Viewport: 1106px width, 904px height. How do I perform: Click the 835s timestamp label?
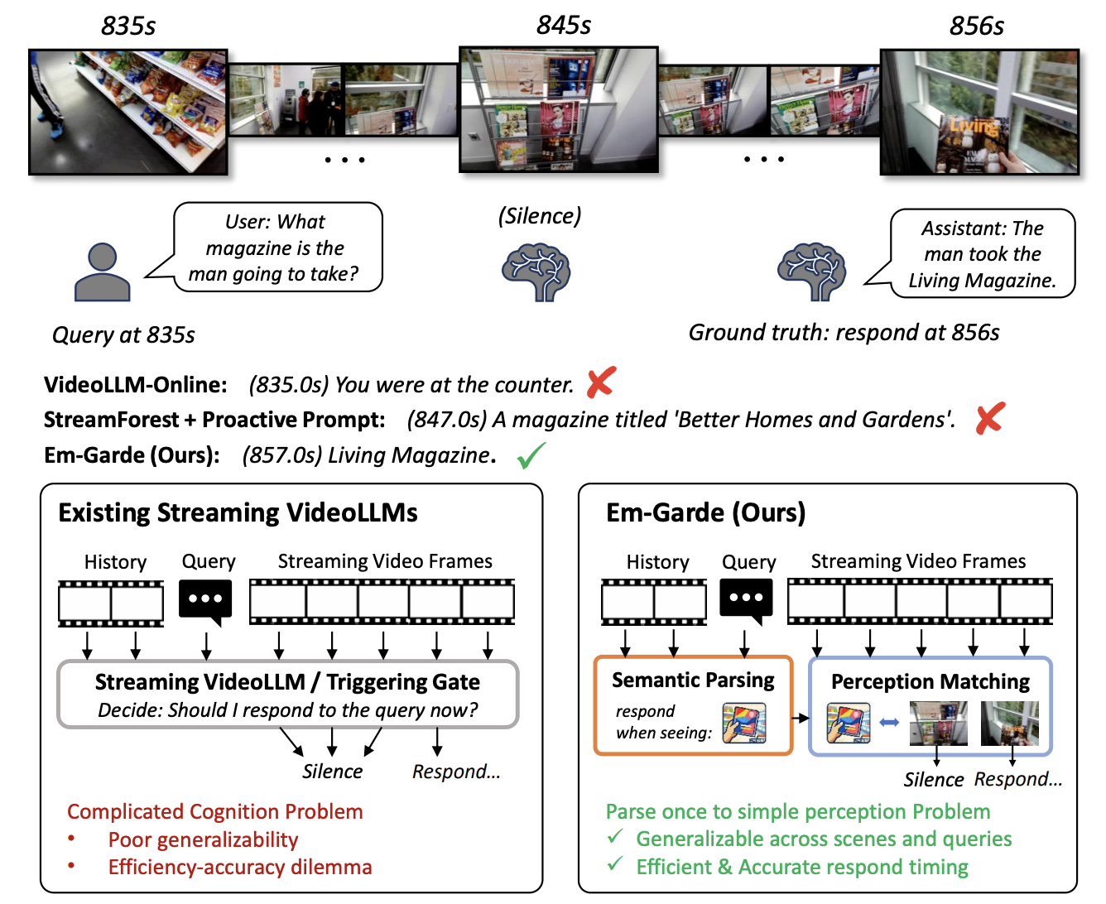tap(128, 26)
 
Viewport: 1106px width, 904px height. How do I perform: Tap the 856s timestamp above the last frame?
tap(977, 26)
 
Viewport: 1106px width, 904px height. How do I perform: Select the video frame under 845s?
tap(559, 109)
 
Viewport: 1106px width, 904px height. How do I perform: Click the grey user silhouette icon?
tap(103, 272)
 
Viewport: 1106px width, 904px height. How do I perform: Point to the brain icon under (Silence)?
tap(536, 272)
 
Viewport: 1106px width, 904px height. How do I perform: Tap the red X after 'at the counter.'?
tap(601, 382)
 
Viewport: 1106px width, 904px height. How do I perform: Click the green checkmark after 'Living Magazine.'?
tap(531, 455)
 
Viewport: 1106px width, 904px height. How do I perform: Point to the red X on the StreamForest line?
tap(990, 418)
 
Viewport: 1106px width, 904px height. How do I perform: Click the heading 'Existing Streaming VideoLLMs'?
tap(238, 512)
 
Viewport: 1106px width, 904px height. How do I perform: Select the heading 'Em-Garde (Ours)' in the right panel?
tap(705, 512)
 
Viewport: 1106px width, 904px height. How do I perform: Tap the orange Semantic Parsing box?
tap(693, 704)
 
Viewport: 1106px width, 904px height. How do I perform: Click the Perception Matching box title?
tap(930, 681)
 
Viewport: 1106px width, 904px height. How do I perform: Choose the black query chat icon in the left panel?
tap(205, 602)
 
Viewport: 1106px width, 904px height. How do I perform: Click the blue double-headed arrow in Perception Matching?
tap(889, 723)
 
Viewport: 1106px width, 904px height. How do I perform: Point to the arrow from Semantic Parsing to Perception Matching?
tap(801, 718)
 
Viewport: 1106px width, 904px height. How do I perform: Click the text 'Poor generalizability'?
tap(203, 839)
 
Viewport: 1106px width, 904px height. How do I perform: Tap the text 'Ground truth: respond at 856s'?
tap(844, 333)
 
